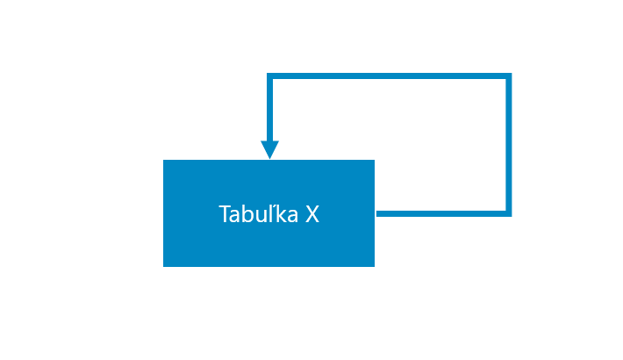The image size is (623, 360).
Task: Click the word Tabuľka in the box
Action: [258, 213]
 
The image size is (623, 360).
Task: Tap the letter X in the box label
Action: [312, 214]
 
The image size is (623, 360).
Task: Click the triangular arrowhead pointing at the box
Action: [269, 150]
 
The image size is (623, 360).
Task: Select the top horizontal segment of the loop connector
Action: [389, 76]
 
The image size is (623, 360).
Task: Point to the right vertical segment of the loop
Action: [509, 145]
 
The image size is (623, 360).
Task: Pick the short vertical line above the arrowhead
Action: [269, 107]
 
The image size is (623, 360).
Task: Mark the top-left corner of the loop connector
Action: [268, 74]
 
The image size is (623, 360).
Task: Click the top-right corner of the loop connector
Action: [511, 74]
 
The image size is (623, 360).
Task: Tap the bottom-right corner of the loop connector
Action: [511, 216]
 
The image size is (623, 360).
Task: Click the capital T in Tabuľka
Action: [225, 214]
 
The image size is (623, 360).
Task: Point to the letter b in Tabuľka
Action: [248, 213]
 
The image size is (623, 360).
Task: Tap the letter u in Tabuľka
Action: [261, 216]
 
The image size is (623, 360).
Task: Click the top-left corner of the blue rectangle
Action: [163, 160]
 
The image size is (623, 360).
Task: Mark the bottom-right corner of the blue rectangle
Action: [375, 267]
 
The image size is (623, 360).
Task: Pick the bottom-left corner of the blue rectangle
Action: [163, 267]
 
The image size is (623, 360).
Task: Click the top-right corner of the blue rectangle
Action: [375, 160]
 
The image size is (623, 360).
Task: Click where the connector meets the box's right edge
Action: [376, 214]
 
